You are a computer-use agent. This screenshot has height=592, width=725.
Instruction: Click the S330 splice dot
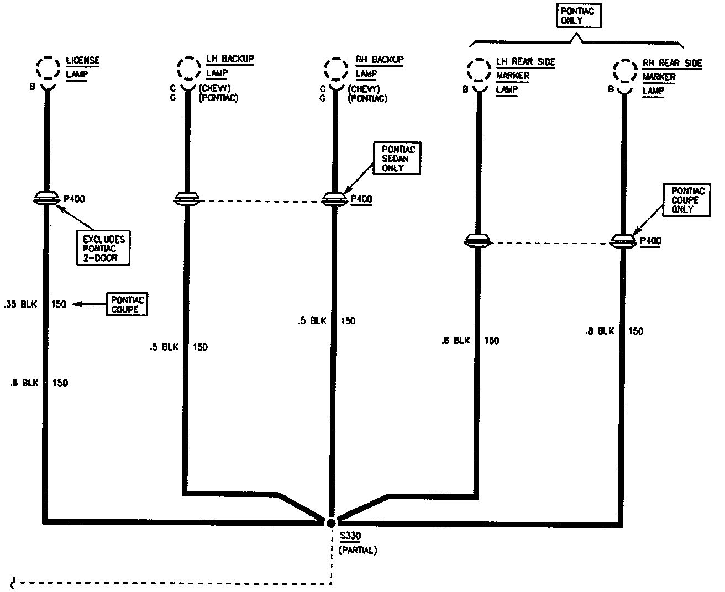(331, 522)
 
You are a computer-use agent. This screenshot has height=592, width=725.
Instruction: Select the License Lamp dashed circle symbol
(48, 68)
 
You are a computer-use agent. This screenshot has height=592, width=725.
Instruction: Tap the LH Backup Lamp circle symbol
(188, 68)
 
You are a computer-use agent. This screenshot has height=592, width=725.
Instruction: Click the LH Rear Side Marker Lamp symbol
(479, 71)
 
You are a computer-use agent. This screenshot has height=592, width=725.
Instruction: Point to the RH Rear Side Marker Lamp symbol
(625, 72)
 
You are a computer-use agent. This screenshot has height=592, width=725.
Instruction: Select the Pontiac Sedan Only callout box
(397, 158)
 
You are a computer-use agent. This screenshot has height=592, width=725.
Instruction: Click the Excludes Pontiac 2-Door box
(104, 248)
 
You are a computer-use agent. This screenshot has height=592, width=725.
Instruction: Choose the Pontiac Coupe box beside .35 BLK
(128, 304)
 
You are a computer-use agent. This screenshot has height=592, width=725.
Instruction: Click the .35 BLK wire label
(20, 304)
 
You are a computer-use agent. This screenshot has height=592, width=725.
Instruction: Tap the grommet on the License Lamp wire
(47, 198)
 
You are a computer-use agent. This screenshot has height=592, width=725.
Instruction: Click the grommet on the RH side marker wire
(623, 241)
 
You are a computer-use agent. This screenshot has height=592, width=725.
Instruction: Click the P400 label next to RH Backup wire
(361, 199)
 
